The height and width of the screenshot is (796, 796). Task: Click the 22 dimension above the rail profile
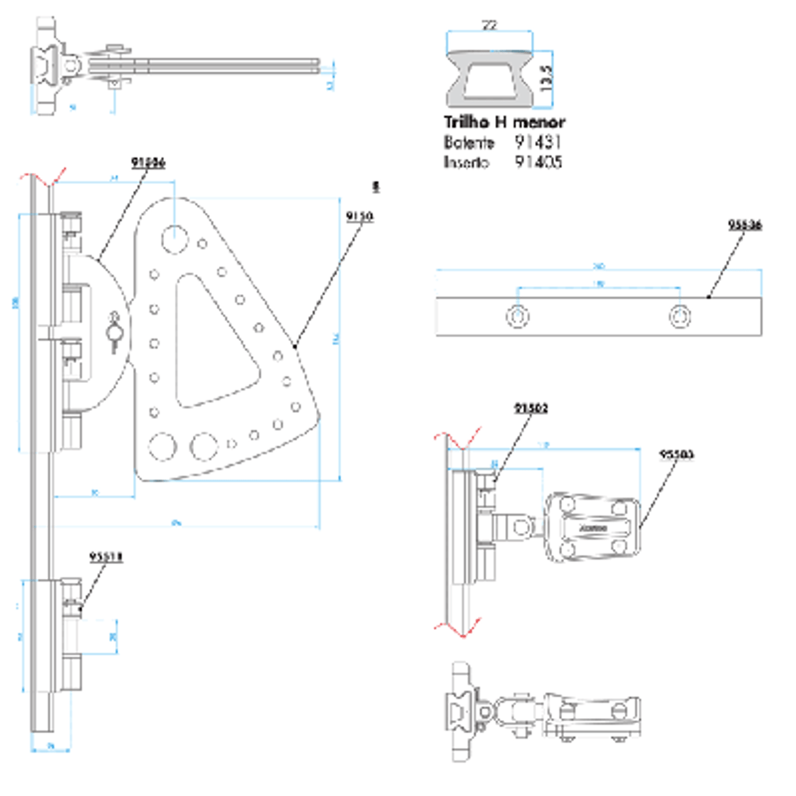point(489,26)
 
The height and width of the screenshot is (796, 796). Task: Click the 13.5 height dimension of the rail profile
point(546,77)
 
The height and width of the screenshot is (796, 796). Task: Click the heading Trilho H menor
point(504,122)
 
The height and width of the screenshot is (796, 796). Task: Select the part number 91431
point(538,142)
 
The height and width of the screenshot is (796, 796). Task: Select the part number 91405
point(538,162)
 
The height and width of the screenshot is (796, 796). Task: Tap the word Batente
point(468,142)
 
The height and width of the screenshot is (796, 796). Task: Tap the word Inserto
point(466,163)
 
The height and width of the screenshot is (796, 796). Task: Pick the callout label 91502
point(530,408)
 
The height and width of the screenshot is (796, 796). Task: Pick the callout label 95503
point(676,454)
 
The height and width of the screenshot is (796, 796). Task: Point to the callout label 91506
point(148,162)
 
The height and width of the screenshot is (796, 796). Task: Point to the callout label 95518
point(106,557)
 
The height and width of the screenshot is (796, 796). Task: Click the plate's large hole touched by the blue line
point(174,239)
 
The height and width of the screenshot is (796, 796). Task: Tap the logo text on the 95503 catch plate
point(593,527)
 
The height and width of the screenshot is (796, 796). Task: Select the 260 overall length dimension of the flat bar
point(598,266)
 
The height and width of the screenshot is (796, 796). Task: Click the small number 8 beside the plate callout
point(376,187)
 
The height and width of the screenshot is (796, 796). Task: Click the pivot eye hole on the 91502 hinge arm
point(521,527)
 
